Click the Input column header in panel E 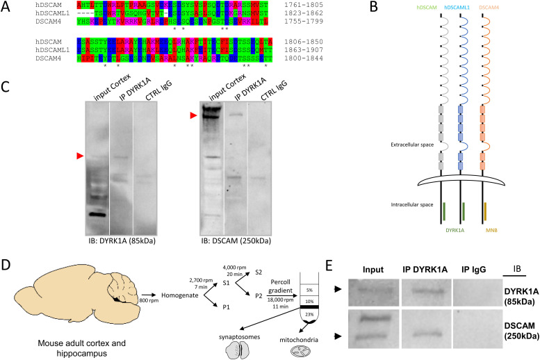[x=375, y=268]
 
